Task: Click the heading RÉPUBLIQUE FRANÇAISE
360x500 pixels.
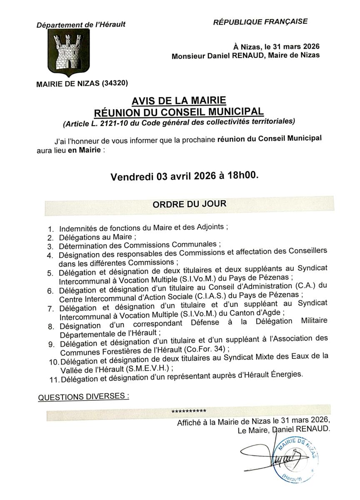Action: point(260,21)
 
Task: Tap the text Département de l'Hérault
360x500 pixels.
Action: point(81,25)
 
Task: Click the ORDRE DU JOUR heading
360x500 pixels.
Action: point(189,205)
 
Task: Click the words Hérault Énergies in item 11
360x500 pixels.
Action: point(272,375)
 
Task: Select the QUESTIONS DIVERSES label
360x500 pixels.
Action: point(83,397)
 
